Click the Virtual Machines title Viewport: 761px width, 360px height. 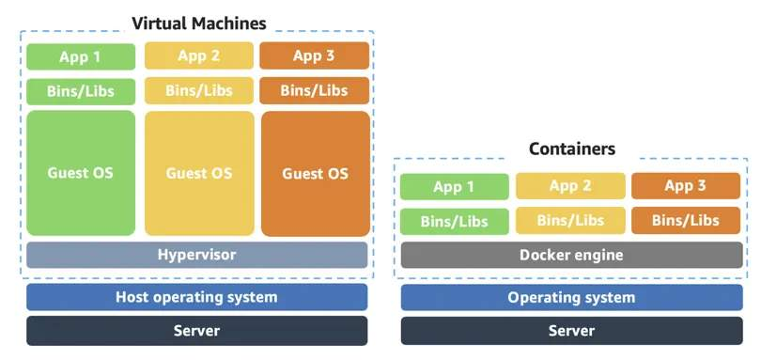(198, 23)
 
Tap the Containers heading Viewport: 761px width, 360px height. (571, 149)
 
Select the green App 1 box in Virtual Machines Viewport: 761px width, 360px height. (80, 56)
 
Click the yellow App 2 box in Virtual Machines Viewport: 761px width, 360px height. (199, 55)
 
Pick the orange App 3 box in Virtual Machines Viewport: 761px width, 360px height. (314, 55)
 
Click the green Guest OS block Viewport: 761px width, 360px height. (81, 173)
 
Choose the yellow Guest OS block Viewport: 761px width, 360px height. (199, 173)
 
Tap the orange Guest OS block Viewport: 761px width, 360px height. (315, 174)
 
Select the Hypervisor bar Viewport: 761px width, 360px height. (196, 255)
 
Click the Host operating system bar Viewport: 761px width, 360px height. (196, 297)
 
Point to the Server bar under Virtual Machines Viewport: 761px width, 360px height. (196, 330)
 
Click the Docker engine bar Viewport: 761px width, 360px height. (571, 255)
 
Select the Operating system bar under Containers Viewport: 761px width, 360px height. (571, 297)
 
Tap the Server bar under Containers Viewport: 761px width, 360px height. (571, 330)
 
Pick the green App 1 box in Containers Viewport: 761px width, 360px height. (454, 186)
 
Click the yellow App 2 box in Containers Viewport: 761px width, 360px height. (570, 186)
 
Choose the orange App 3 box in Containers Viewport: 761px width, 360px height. (686, 186)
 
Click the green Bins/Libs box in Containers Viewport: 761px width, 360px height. (454, 221)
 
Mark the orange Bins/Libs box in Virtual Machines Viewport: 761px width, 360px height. (314, 90)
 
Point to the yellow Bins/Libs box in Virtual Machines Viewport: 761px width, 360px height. (199, 90)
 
